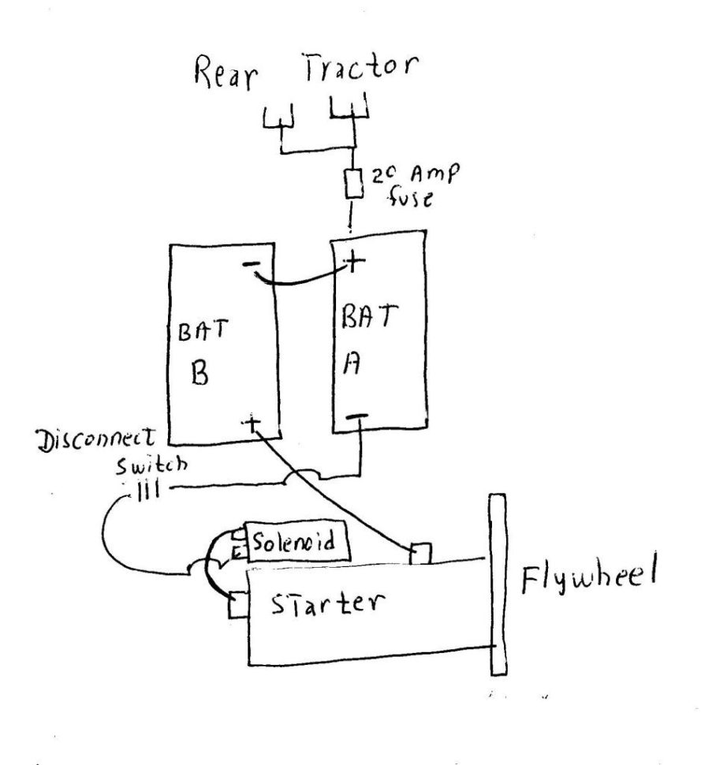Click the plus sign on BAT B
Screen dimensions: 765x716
tap(254, 426)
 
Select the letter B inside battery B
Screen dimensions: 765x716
tap(200, 374)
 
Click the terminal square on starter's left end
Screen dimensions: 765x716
tap(237, 607)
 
